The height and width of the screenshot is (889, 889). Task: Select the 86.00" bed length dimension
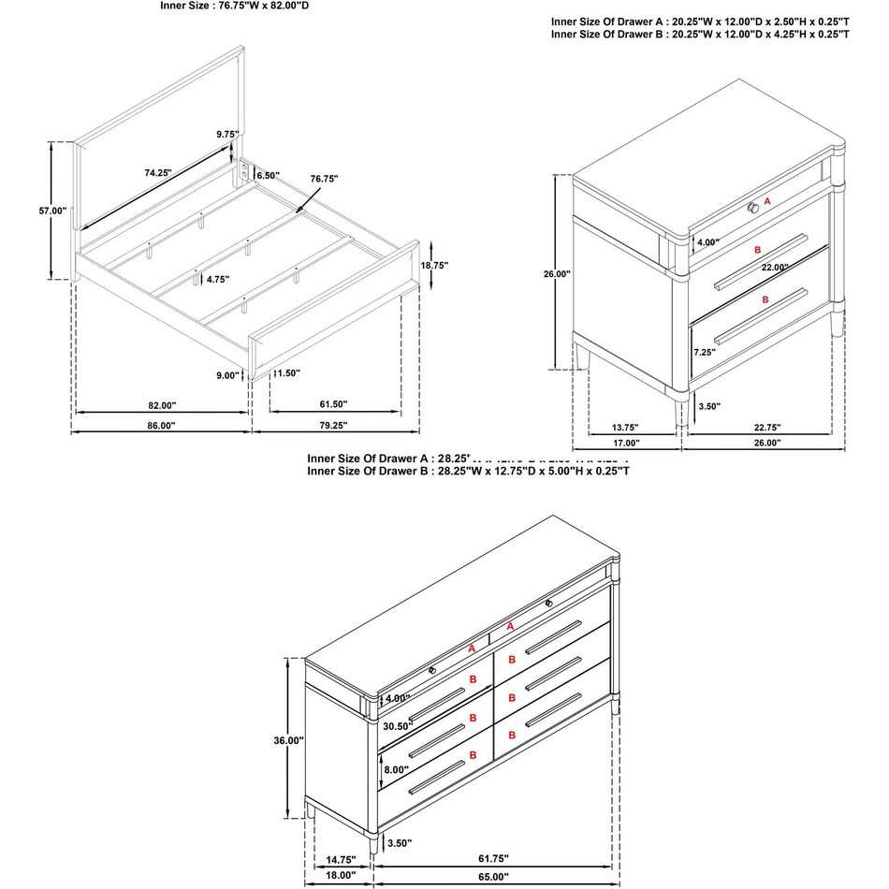pos(161,425)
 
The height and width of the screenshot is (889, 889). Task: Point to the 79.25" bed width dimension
pos(332,425)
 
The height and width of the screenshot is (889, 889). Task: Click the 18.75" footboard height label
pos(433,266)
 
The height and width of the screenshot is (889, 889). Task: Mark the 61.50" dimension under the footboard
pos(332,404)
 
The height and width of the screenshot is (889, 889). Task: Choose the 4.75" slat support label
pos(219,279)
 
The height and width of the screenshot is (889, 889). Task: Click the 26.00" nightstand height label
pos(557,274)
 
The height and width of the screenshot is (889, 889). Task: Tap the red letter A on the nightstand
pos(767,201)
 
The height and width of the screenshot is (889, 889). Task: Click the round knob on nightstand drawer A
pos(753,206)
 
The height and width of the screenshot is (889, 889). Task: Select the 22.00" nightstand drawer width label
pos(774,268)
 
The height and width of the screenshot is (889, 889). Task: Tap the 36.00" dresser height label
pos(287,740)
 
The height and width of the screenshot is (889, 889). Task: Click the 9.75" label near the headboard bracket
pos(227,134)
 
